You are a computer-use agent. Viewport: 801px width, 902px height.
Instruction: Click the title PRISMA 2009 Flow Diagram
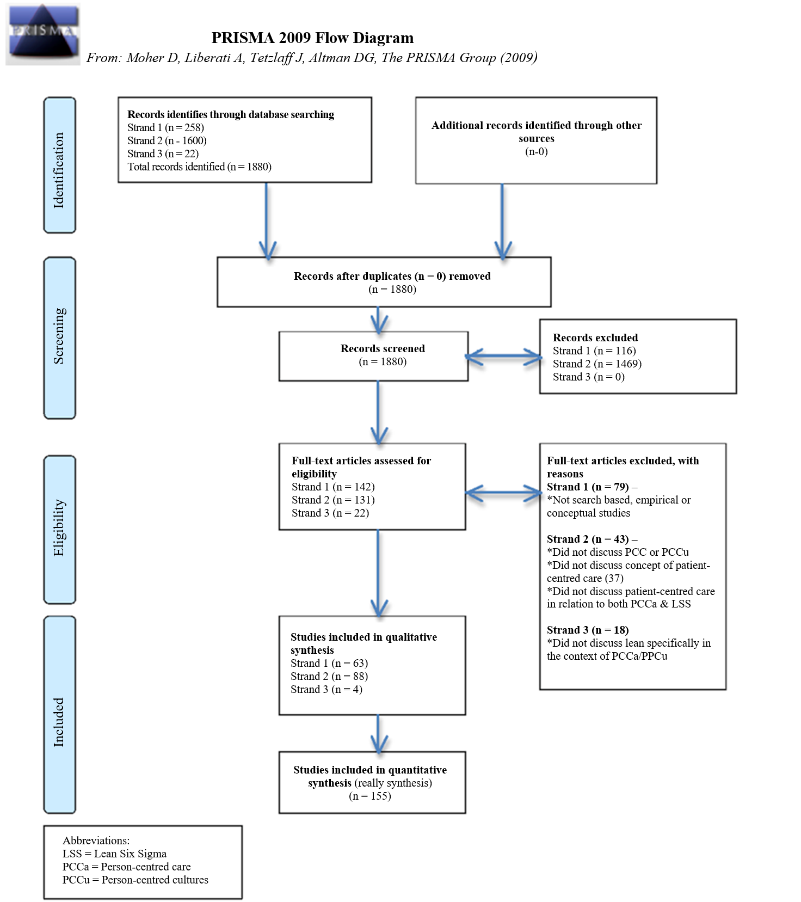tap(312, 38)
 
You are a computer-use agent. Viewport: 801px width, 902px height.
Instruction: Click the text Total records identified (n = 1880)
tap(199, 167)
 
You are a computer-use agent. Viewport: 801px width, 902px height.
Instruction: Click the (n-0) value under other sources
tap(536, 152)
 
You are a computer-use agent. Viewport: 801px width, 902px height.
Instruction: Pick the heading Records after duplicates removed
tap(392, 276)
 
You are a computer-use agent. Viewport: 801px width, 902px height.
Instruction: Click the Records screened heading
tap(383, 348)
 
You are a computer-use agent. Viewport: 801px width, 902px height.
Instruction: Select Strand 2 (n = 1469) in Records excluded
tap(597, 364)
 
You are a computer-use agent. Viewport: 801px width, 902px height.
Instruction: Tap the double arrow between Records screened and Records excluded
tap(504, 357)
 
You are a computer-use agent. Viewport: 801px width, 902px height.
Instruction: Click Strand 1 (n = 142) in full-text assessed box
tap(333, 487)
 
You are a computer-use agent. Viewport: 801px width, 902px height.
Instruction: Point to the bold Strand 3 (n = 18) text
tap(588, 630)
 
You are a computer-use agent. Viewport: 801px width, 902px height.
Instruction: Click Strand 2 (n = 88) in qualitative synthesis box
tap(329, 676)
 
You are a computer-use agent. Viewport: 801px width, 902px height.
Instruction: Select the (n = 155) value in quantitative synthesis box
tap(370, 796)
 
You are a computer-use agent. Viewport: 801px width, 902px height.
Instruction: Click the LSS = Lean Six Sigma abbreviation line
tap(114, 854)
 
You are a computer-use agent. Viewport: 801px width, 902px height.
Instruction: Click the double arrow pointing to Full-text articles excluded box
tap(504, 493)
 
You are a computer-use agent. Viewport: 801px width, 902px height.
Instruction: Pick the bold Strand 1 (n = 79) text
tap(588, 487)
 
